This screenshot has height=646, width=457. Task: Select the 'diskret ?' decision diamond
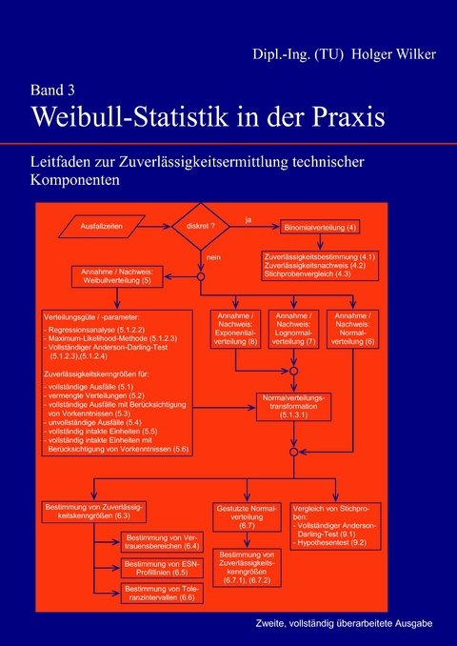pyautogui.click(x=201, y=228)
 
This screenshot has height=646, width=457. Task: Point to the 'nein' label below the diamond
pyautogui.click(x=212, y=257)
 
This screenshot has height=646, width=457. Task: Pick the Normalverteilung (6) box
pyautogui.click(x=352, y=333)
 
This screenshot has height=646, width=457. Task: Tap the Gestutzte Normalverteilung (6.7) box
pyautogui.click(x=247, y=515)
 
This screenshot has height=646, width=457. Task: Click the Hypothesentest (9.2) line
pyautogui.click(x=334, y=542)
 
